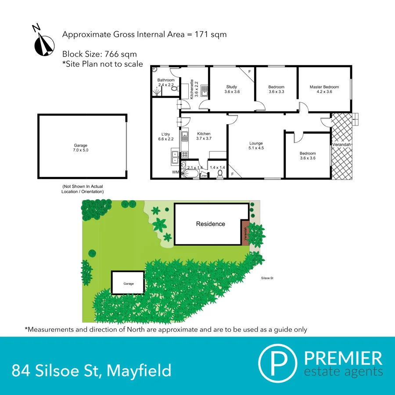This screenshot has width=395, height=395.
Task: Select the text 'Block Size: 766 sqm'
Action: click(100, 54)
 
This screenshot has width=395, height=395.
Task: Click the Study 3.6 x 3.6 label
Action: click(232, 89)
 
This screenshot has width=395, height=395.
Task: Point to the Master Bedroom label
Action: click(324, 89)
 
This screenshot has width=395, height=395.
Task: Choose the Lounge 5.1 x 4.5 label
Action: click(256, 146)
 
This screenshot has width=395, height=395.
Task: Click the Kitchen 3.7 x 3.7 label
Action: click(204, 136)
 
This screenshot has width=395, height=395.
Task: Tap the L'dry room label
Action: click(165, 136)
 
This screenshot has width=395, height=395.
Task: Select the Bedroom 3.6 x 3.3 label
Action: click(276, 90)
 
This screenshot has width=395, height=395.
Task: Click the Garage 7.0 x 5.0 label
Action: click(80, 148)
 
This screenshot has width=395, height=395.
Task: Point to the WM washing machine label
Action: click(176, 173)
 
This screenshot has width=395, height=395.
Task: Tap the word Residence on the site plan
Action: click(210, 224)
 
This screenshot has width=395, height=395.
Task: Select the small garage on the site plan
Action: click(128, 283)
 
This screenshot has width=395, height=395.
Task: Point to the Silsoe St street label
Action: click(267, 278)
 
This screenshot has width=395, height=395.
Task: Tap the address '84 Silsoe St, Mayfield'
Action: click(92, 370)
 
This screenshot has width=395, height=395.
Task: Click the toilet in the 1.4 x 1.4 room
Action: click(219, 174)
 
